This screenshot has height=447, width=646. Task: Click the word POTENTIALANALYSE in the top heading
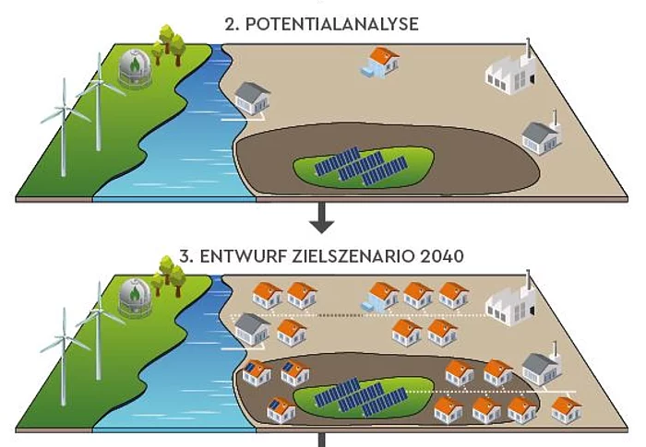(332, 25)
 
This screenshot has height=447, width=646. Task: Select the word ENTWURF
(233, 255)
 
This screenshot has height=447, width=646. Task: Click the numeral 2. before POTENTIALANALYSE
(232, 25)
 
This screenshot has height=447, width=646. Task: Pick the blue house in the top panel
(379, 63)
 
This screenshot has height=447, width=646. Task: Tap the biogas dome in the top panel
(138, 67)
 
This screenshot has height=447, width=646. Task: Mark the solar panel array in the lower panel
(361, 394)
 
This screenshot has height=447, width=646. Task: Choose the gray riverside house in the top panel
(253, 98)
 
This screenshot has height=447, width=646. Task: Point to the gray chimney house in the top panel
(542, 135)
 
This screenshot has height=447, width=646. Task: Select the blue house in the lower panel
(380, 295)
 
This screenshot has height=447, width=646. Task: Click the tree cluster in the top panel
(169, 45)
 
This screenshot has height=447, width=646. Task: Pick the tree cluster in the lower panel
(169, 275)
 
